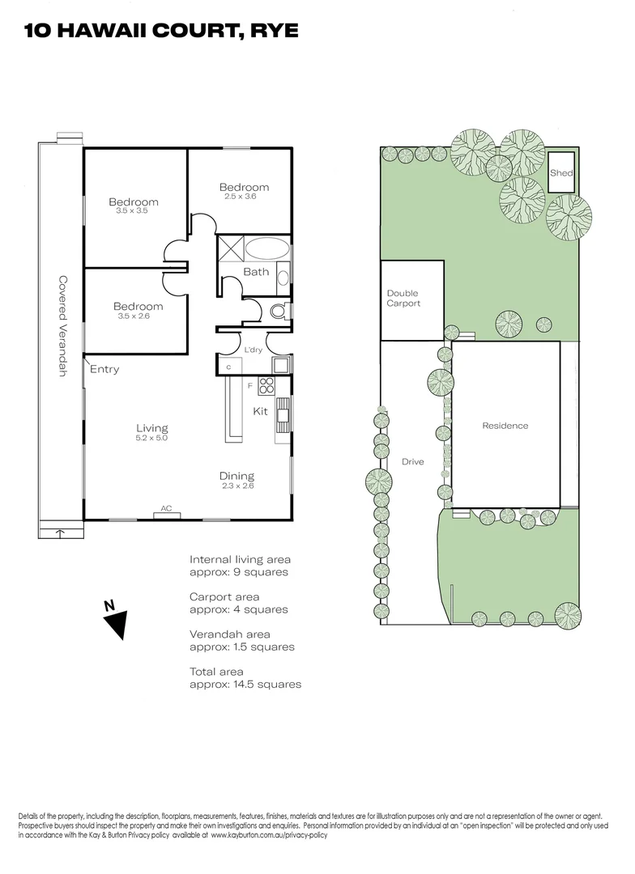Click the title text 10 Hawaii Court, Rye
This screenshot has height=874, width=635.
(x=161, y=31)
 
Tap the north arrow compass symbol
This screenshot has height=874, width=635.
(x=118, y=622)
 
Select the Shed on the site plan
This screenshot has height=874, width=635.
(x=561, y=172)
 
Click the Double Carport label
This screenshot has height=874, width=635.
(x=403, y=298)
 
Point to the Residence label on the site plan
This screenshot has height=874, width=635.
(x=505, y=426)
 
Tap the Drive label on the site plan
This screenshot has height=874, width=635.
(x=412, y=462)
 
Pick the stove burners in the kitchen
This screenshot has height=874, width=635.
(x=267, y=386)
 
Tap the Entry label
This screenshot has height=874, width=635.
(x=104, y=370)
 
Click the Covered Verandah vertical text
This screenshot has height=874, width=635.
(x=62, y=326)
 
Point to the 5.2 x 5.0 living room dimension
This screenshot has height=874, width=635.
(x=151, y=438)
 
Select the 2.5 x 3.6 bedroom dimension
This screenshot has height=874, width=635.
(x=241, y=196)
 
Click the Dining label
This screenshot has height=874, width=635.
(x=237, y=476)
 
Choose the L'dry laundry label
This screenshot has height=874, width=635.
(x=254, y=350)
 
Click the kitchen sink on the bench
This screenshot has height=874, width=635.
(x=283, y=416)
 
